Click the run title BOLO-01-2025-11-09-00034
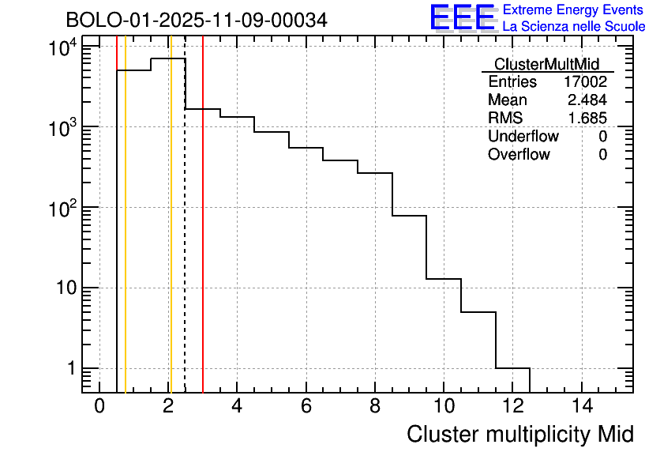coord(196,20)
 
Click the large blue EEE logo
coord(463,17)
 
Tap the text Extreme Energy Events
coord(574,10)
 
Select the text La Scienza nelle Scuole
coord(574,27)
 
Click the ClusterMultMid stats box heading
coord(546,64)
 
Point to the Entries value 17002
coord(585,82)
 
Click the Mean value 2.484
coord(587,100)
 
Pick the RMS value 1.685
coord(587,119)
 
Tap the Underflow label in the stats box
coord(523,137)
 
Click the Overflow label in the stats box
coord(519,155)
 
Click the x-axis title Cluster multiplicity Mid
coord(520,434)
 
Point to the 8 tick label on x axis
coord(375,407)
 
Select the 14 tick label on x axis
coord(582,407)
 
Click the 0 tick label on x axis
coord(99,407)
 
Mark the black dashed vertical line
coord(185,237)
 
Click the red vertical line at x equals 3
coord(203,237)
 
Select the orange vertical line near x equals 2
coord(171,237)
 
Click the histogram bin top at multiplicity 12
coord(512,368)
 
